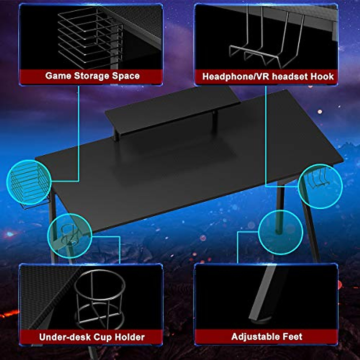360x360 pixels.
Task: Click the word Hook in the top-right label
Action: pos(322,76)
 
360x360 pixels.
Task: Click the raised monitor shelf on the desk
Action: pos(172,109)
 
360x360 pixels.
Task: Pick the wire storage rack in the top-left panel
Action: pos(90,37)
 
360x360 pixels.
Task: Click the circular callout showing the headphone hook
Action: pos(320,186)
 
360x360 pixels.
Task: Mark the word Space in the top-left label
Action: pos(126,76)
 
